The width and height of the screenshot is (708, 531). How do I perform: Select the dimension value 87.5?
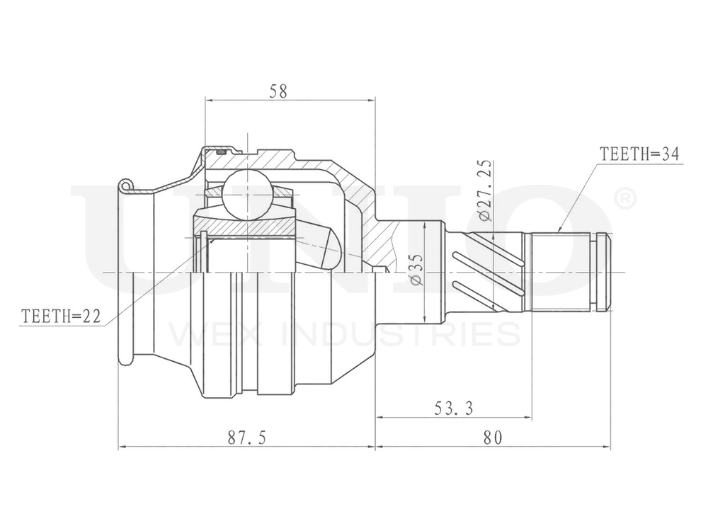click(x=246, y=438)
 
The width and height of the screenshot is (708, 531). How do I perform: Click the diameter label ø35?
click(x=416, y=270)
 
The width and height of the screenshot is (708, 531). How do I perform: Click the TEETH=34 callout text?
click(x=640, y=154)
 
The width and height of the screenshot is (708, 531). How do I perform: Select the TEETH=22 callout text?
click(x=62, y=316)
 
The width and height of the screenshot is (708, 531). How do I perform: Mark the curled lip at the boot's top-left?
click(x=125, y=185)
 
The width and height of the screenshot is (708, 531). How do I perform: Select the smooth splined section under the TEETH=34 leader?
click(x=561, y=272)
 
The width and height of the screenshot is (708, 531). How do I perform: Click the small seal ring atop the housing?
click(x=221, y=152)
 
